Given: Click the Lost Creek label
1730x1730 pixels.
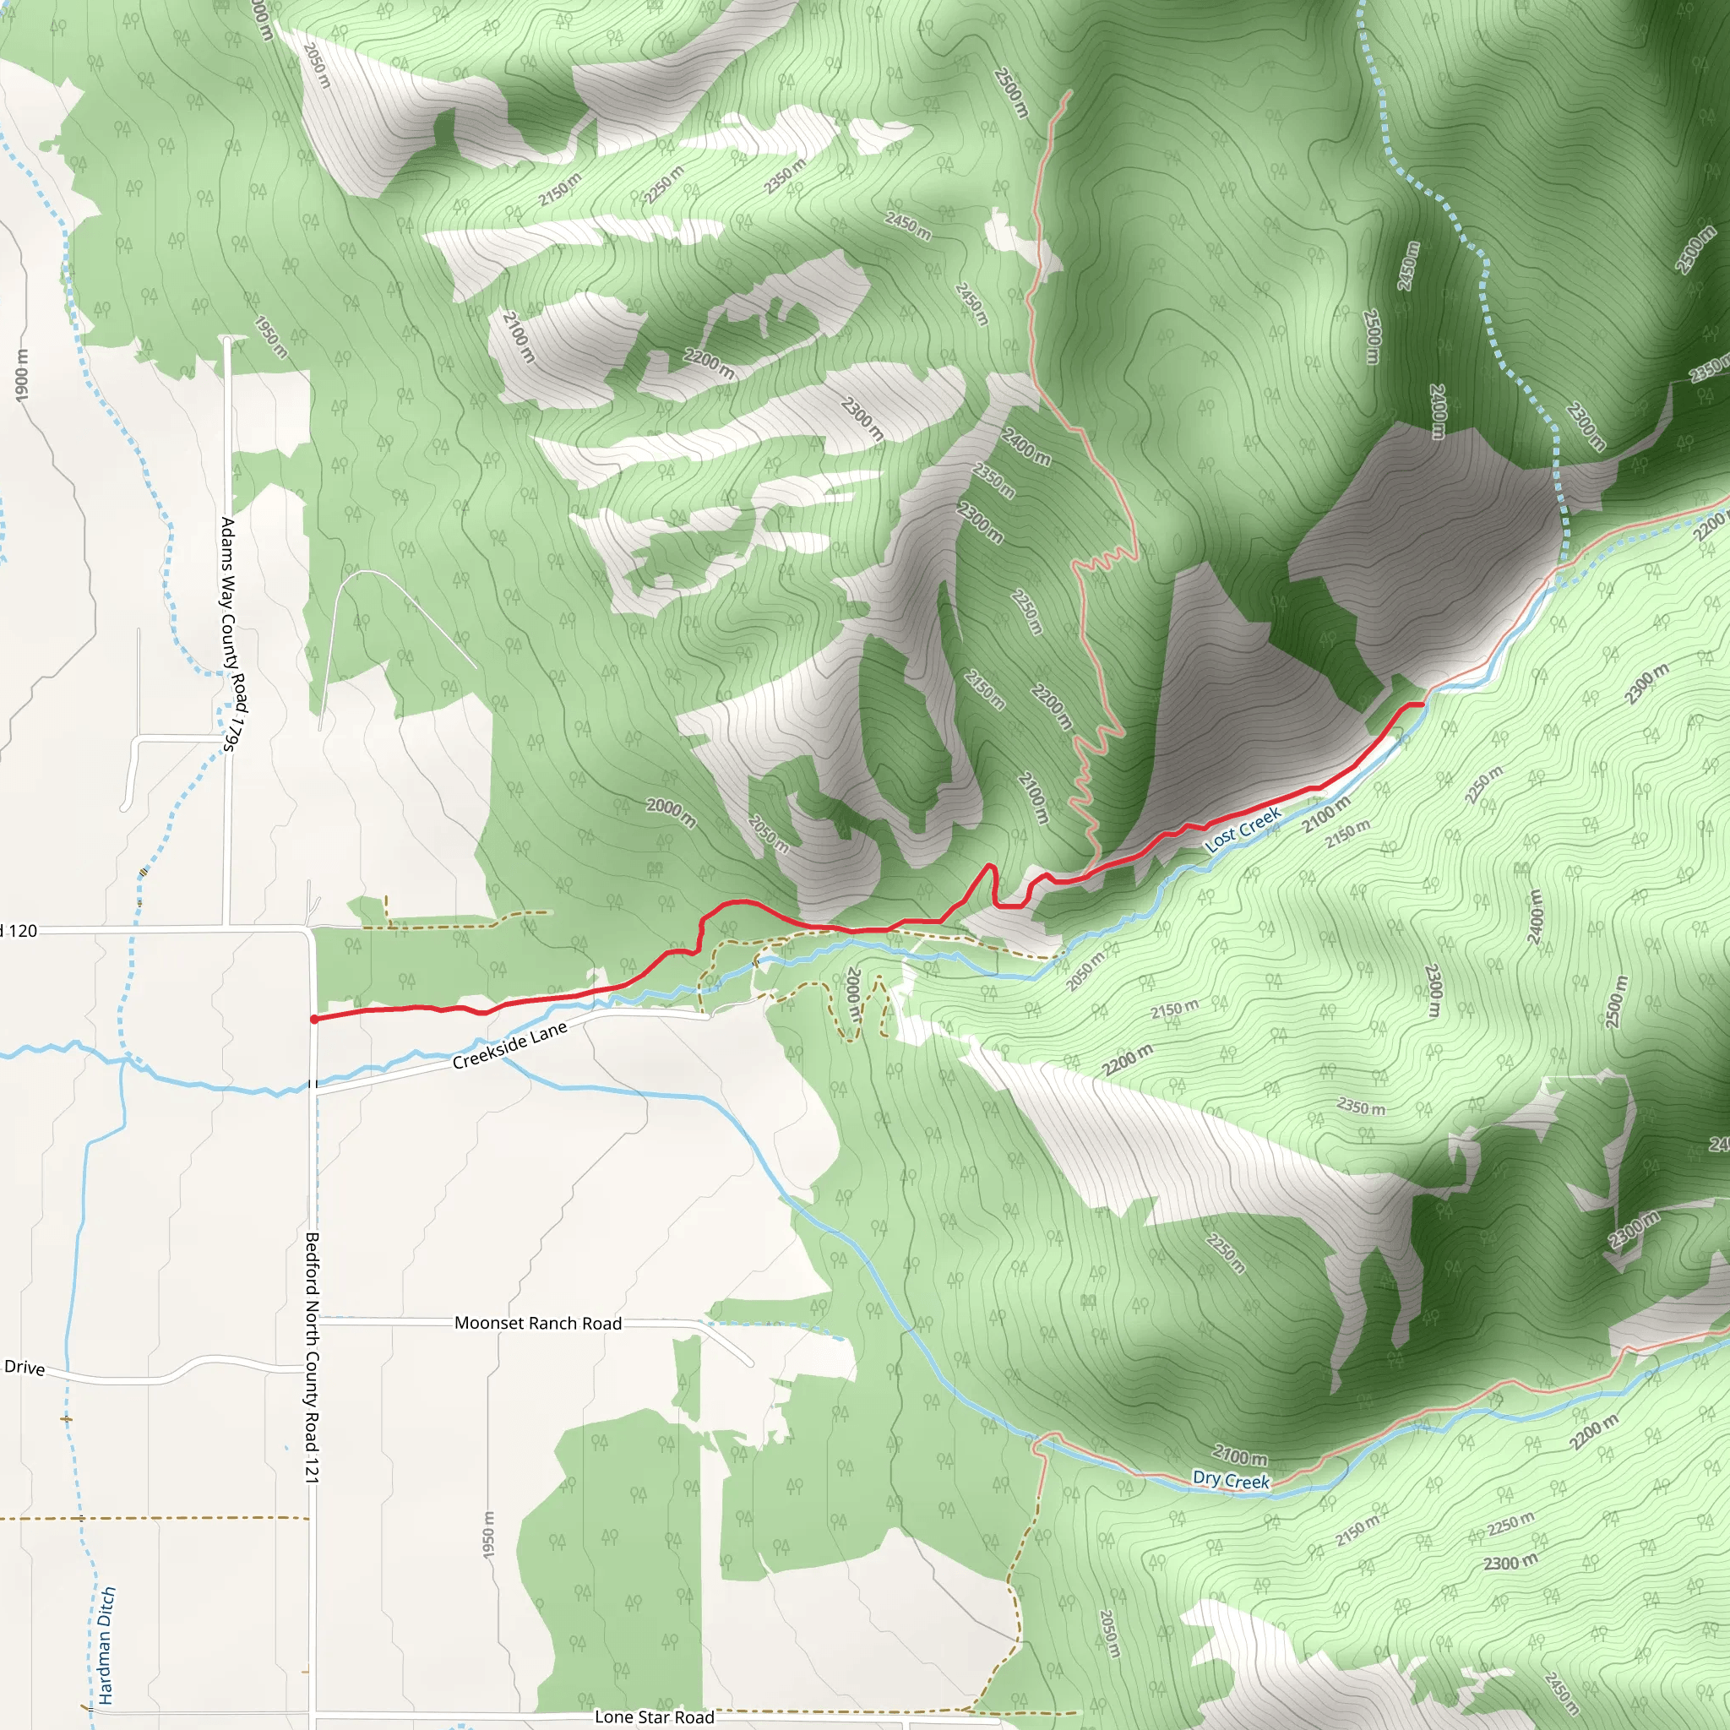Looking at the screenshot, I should point(1242,830).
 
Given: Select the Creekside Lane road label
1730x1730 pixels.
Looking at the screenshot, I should point(509,1046).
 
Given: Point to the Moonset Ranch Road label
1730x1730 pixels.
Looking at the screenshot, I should point(537,1323).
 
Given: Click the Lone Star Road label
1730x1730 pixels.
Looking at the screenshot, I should point(654,1716).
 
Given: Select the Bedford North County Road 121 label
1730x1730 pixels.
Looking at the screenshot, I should point(312,1357).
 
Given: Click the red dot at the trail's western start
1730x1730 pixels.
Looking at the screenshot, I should point(314,1019).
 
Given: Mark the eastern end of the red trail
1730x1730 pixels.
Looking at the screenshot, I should point(1422,705).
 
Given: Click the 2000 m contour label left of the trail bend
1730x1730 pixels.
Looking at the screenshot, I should point(671,811).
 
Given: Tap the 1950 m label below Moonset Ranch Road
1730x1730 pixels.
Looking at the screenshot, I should point(488,1534).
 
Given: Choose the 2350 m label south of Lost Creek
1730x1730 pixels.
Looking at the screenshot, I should point(1360,1107).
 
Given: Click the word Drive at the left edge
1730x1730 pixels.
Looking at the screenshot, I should point(24,1368).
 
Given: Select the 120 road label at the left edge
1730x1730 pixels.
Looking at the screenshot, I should point(21,931).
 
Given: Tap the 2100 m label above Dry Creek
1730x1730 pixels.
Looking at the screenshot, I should point(1240,1457).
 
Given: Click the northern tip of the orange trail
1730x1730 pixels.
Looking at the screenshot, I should point(1069,91).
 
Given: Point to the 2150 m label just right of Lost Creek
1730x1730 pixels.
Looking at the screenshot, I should point(1346,834).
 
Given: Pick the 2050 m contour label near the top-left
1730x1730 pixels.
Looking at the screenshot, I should point(317,65).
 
